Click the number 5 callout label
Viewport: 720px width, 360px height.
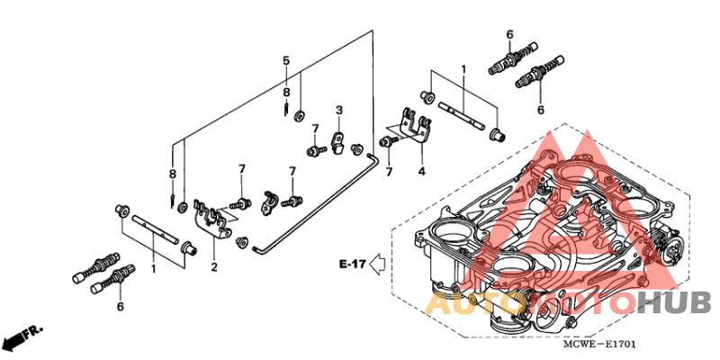coord(286,60)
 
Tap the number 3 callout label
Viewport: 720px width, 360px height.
coord(339,110)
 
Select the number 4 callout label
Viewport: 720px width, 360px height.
coord(420,171)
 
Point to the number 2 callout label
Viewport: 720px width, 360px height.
coord(214,267)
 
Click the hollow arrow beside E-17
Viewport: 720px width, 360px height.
coord(379,264)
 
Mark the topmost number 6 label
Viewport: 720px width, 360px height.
coord(509,34)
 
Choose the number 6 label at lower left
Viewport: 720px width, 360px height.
coord(120,307)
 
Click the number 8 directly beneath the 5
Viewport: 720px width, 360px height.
coord(286,92)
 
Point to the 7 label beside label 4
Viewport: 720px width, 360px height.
coord(390,171)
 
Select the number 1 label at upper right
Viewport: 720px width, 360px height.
coord(464,69)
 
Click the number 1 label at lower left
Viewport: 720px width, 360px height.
coord(154,268)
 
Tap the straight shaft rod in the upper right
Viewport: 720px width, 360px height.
coord(463,117)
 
